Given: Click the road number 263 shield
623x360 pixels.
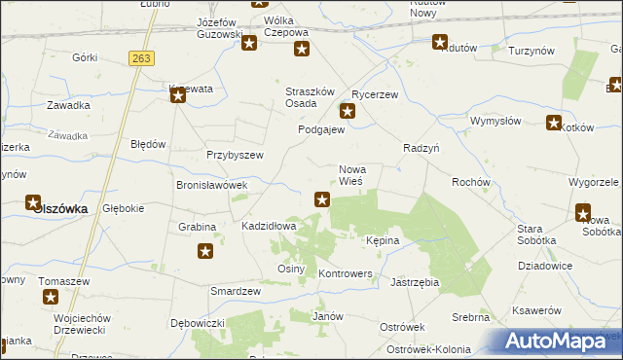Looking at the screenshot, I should tap(141, 58).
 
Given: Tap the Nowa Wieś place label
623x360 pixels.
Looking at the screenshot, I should tap(351, 175).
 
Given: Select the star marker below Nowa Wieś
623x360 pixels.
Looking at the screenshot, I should tap(322, 199).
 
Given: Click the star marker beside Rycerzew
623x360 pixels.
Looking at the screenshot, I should tap(347, 111).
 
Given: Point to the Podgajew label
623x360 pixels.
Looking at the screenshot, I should tap(321, 129).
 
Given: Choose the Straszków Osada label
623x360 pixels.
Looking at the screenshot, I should tap(307, 98).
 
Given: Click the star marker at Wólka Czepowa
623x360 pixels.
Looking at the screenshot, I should tap(302, 50).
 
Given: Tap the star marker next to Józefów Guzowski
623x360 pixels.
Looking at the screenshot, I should tap(249, 43).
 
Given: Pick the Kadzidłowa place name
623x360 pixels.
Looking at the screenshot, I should tap(269, 226).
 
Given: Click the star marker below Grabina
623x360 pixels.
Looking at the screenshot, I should tap(206, 252).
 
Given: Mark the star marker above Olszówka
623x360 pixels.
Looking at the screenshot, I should tap(32, 202).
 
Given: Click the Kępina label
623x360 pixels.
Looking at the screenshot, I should tap(383, 239).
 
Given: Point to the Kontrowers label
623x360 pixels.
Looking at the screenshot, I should tap(346, 274).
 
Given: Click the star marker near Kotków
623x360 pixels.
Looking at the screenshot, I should tap(554, 124).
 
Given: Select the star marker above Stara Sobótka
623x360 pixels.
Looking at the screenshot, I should tap(583, 213).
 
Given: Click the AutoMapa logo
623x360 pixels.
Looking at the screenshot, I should tap(557, 341).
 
